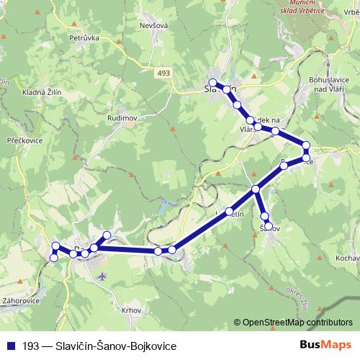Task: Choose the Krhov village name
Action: [132, 310]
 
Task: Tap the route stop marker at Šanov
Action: [269, 227]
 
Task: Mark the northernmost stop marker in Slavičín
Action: [212, 82]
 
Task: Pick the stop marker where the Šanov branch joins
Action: [256, 189]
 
